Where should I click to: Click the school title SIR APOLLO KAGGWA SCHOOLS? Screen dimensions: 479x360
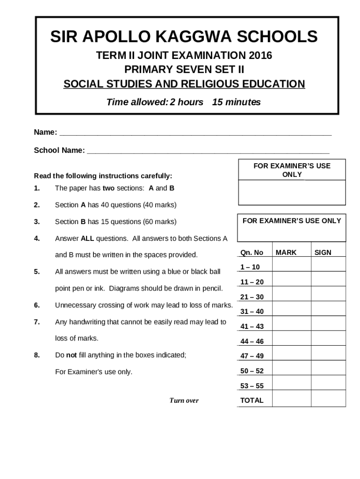(184, 36)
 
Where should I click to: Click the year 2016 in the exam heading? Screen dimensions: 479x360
(261, 56)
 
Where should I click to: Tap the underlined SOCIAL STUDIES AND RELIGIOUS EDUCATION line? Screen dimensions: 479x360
(184, 84)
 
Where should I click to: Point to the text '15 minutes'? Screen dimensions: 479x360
(236, 102)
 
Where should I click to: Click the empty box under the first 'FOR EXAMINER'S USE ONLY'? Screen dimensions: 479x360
(292, 192)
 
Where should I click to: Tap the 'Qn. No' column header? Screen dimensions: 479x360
(252, 253)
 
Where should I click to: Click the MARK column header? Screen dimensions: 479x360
(286, 253)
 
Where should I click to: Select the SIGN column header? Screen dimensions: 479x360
(323, 253)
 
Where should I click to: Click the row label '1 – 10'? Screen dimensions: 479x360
(250, 267)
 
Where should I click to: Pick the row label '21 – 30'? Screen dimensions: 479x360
(252, 297)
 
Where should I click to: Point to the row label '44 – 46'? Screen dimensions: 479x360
(252, 341)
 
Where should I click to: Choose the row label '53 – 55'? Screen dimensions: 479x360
(252, 386)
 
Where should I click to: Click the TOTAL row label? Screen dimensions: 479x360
(252, 400)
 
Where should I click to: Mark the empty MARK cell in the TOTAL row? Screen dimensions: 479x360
(291, 400)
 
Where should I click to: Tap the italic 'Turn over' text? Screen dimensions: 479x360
(184, 400)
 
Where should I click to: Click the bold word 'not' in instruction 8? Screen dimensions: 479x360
(72, 355)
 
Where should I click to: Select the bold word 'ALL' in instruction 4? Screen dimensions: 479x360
(87, 239)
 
